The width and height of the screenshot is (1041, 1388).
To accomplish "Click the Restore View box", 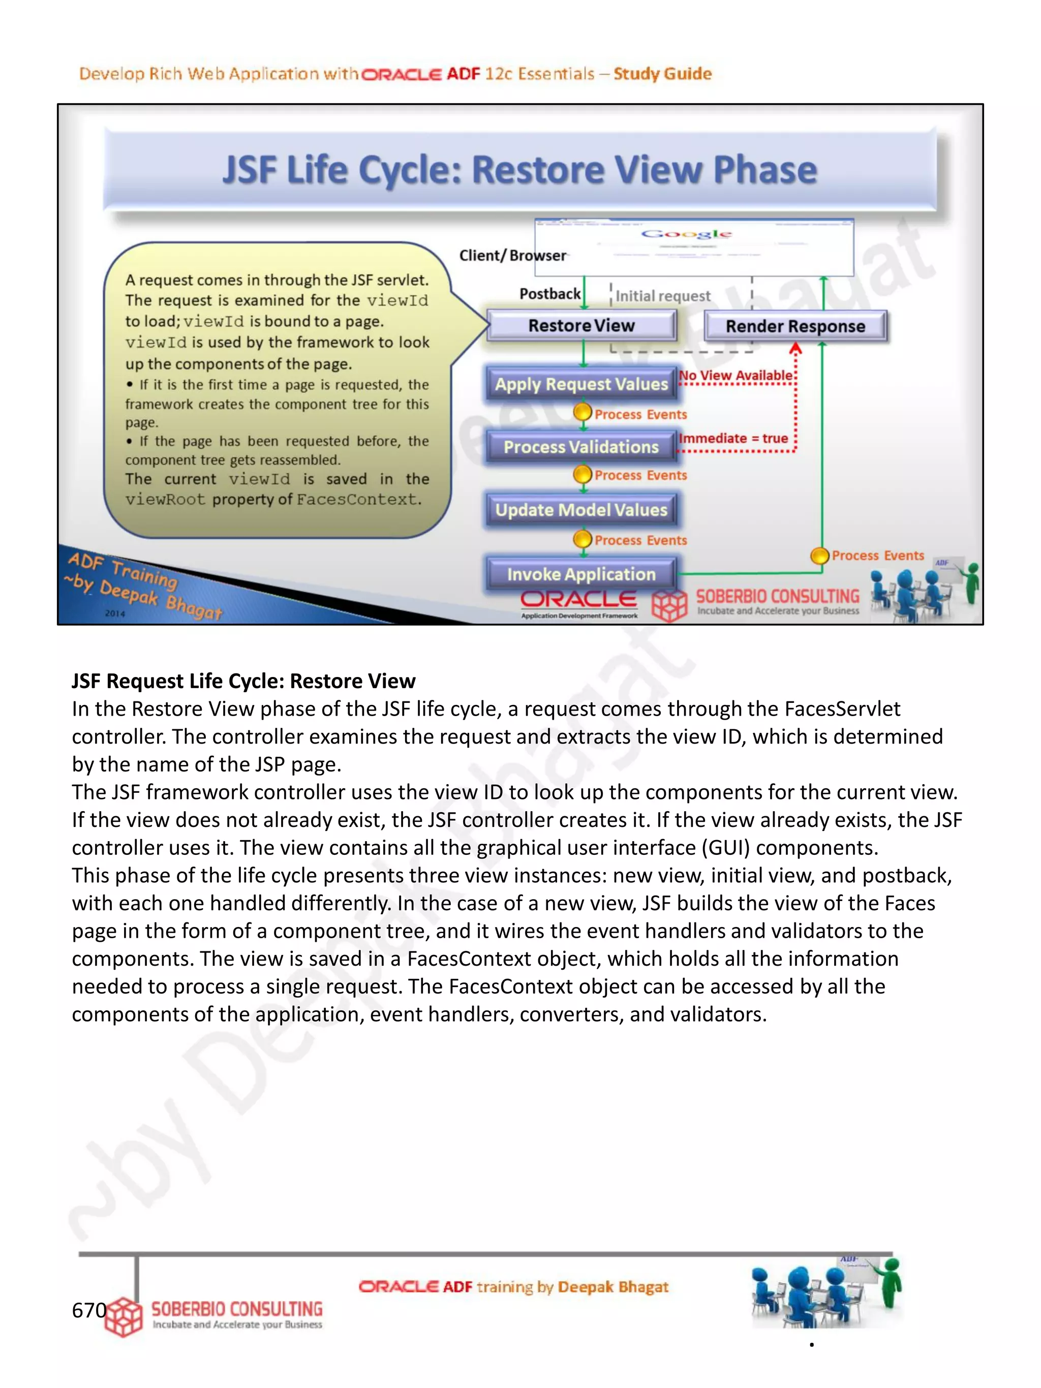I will [x=581, y=326].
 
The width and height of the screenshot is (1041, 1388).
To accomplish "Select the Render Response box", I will [x=795, y=326].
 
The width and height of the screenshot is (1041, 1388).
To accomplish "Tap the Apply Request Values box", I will [x=581, y=384].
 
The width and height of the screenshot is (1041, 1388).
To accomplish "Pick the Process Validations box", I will [x=581, y=447].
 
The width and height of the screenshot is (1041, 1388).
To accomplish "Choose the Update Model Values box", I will [x=581, y=510].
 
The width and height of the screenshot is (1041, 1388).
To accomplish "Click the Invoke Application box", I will [x=581, y=574].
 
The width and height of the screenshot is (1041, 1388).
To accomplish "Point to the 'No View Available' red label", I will [x=736, y=375].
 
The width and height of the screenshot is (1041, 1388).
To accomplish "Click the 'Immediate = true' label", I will [x=733, y=439].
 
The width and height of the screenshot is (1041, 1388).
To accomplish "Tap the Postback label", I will [x=549, y=294].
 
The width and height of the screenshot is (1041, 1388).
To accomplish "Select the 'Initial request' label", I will [x=663, y=296].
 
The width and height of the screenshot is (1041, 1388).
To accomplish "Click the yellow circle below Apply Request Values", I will [x=583, y=412].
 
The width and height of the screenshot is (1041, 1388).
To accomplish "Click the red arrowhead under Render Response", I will [x=795, y=348].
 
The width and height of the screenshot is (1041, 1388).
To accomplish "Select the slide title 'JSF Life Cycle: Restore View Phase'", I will [x=519, y=170].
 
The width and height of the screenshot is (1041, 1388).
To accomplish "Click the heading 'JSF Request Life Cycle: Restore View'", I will [x=243, y=681].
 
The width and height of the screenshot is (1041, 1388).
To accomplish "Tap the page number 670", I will [x=89, y=1310].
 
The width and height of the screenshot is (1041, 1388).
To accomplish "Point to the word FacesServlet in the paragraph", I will [x=842, y=709].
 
